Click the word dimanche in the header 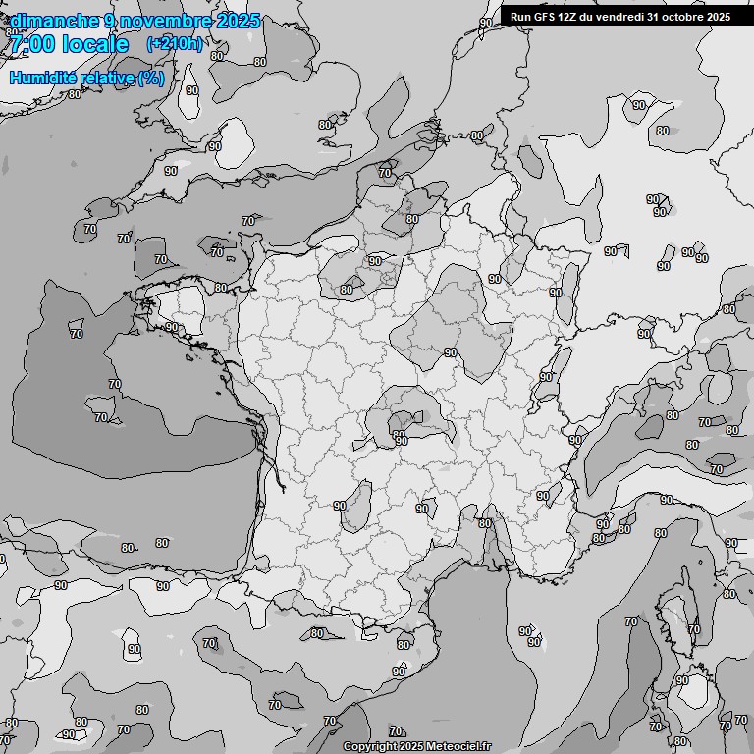click(x=54, y=21)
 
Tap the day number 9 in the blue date click(x=110, y=21)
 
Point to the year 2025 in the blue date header click(x=238, y=21)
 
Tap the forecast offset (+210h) click(x=175, y=43)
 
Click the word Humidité click(x=43, y=78)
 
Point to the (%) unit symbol click(x=151, y=78)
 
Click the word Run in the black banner click(x=520, y=17)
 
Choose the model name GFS click(x=544, y=17)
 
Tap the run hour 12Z click(x=568, y=17)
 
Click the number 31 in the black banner click(x=655, y=17)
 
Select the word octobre click(x=685, y=17)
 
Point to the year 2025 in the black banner click(x=719, y=17)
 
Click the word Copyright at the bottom click(x=369, y=747)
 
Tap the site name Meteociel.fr click(x=458, y=747)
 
